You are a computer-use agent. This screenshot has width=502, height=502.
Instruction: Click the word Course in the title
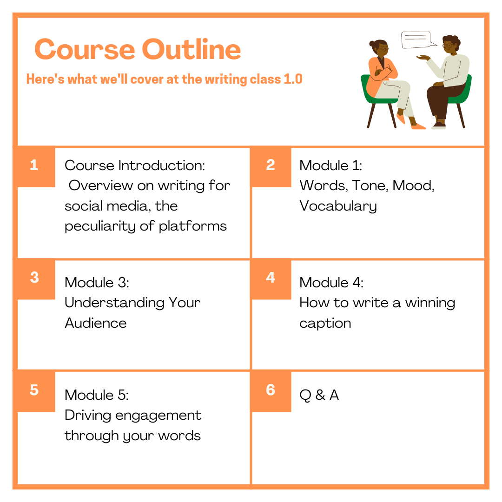[x=85, y=49]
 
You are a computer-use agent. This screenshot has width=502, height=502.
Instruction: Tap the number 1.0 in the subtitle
[x=293, y=79]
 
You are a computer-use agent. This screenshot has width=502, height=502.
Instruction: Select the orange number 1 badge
[x=34, y=166]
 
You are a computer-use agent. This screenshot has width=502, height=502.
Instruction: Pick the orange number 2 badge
[x=271, y=166]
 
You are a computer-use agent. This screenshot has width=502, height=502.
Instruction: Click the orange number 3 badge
[x=34, y=278]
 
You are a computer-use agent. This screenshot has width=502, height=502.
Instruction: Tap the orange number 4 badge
[x=271, y=278]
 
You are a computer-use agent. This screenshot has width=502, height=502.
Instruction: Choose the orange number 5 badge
[x=34, y=391]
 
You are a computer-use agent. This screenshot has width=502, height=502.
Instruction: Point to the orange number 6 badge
[x=271, y=391]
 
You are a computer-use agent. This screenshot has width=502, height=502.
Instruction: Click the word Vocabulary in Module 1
[x=338, y=206]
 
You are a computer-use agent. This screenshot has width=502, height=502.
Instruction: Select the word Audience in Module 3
[x=96, y=323]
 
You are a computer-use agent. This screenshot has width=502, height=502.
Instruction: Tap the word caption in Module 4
[x=325, y=324]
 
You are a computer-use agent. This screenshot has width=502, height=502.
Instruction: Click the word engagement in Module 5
[x=158, y=416]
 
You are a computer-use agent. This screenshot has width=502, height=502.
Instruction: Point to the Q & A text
[x=319, y=395]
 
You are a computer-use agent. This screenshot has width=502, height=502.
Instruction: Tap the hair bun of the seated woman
[x=371, y=44]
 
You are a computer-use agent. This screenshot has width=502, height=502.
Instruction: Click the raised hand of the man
[x=423, y=58]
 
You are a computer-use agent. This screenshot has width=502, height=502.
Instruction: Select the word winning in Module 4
[x=430, y=304]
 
